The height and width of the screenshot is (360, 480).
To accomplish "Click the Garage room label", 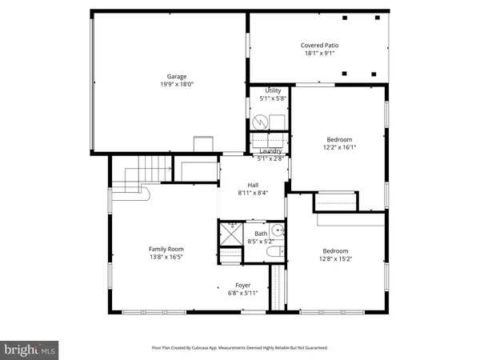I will click(166, 77).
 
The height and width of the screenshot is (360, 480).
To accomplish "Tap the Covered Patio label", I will click(319, 46).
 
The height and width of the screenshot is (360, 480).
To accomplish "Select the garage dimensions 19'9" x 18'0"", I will click(166, 85).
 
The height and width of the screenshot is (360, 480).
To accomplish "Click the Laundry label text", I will click(270, 151).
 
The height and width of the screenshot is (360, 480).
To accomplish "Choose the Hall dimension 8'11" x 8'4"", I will click(253, 193).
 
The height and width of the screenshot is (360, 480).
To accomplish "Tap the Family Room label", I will click(166, 250).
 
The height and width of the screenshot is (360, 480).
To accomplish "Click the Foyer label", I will click(243, 285).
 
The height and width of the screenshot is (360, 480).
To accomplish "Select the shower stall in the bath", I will click(230, 234).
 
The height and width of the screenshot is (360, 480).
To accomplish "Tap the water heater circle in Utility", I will click(258, 122).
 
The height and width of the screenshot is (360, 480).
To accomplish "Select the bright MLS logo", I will click(30, 349).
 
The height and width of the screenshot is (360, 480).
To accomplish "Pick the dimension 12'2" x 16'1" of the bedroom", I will click(339, 147).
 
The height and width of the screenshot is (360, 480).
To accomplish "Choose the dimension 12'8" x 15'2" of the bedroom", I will click(335, 258).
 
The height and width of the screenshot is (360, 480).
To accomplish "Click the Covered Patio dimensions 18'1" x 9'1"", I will click(319, 54).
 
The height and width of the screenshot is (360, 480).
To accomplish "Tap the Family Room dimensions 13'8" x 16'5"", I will click(166, 258).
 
